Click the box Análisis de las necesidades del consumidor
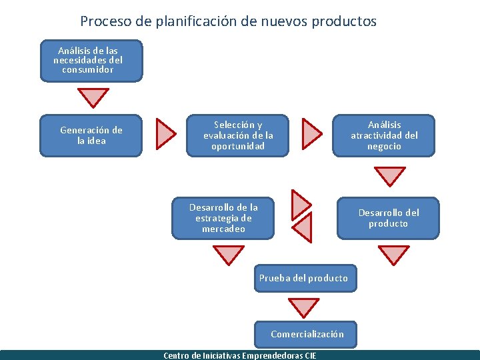pos(91,61)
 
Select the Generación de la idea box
pos(91,136)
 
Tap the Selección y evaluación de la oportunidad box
pos(238,135)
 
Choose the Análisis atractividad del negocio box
pos(384,135)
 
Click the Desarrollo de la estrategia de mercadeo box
pos(223,218)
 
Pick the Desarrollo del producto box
pos(388,218)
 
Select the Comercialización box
pos(307,334)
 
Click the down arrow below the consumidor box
pos(93,97)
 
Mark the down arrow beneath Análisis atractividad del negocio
pos(389,175)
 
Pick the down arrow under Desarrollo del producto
pos(393,254)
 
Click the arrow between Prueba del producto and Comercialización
pos(303,307)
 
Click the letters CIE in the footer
pos(310,355)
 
